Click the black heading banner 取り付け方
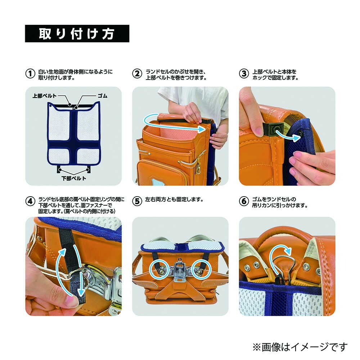(x=77, y=33)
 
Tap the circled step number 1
(x=30, y=74)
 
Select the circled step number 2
(x=137, y=74)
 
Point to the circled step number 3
(x=244, y=74)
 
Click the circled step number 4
(x=30, y=201)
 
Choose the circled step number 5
(x=137, y=201)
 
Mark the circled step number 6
(x=244, y=201)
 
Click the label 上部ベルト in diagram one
(x=44, y=96)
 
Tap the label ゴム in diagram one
(x=102, y=96)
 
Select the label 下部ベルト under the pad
(x=74, y=178)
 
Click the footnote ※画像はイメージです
(x=300, y=347)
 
